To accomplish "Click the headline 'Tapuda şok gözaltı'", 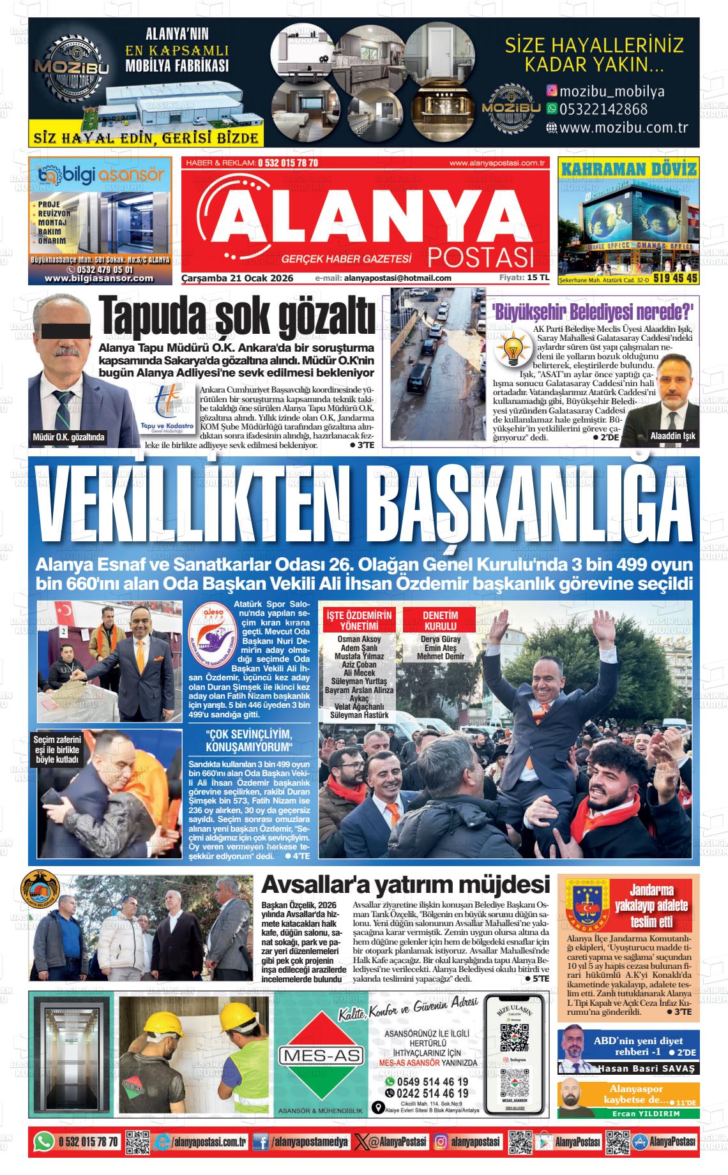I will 236,317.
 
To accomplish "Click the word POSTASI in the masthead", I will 480,257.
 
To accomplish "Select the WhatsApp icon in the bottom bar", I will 43,1141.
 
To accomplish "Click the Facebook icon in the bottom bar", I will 260,1141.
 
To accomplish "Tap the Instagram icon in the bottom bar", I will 441,1141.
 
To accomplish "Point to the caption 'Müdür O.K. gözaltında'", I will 68,438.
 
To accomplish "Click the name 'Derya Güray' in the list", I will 441,640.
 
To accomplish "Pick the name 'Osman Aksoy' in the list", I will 359,640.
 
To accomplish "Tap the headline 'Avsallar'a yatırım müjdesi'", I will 406,885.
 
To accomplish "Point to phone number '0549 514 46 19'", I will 432,1082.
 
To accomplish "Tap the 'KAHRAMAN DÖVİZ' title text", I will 628,169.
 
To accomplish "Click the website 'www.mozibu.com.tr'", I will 616,127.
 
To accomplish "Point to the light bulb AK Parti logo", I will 513,349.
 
